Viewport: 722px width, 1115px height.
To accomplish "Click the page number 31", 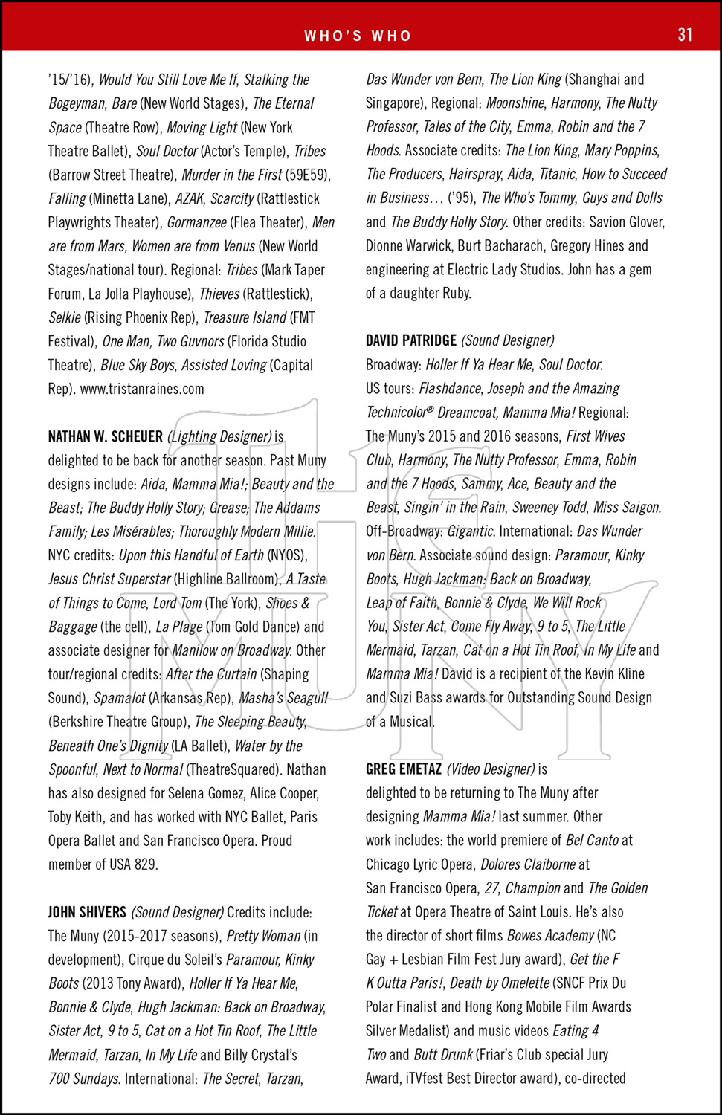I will pyautogui.click(x=685, y=34).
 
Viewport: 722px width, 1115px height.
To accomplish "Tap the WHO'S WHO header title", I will pyautogui.click(x=358, y=36).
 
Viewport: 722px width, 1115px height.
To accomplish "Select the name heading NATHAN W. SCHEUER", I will pyautogui.click(x=105, y=436).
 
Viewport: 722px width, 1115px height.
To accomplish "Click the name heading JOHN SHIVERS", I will pyautogui.click(x=87, y=912).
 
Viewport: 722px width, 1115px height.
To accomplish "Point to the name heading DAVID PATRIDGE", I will pyautogui.click(x=411, y=340).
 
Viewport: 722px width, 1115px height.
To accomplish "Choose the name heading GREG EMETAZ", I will pyautogui.click(x=404, y=769).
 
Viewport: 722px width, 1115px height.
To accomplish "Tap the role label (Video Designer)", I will pyautogui.click(x=491, y=769).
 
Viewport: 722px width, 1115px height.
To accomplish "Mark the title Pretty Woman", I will pyautogui.click(x=263, y=936).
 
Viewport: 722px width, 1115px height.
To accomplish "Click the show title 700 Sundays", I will pyautogui.click(x=84, y=1079).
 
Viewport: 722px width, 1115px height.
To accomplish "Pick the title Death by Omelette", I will pyautogui.click(x=500, y=983).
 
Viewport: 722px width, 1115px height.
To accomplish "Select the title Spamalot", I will pyautogui.click(x=119, y=698).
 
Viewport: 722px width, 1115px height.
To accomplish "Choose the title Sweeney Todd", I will pyautogui.click(x=544, y=508).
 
